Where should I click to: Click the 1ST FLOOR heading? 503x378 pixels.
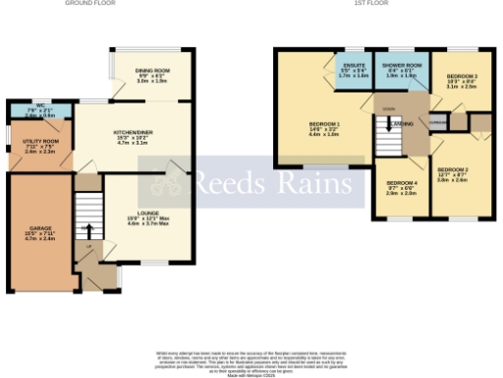click(367, 3)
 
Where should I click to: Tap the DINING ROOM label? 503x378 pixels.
click(152, 71)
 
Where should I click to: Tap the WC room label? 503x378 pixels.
click(38, 106)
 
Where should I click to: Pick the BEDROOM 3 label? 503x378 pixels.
click(461, 77)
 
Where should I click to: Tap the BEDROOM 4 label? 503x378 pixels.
click(401, 184)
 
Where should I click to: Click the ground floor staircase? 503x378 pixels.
click(88, 211)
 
